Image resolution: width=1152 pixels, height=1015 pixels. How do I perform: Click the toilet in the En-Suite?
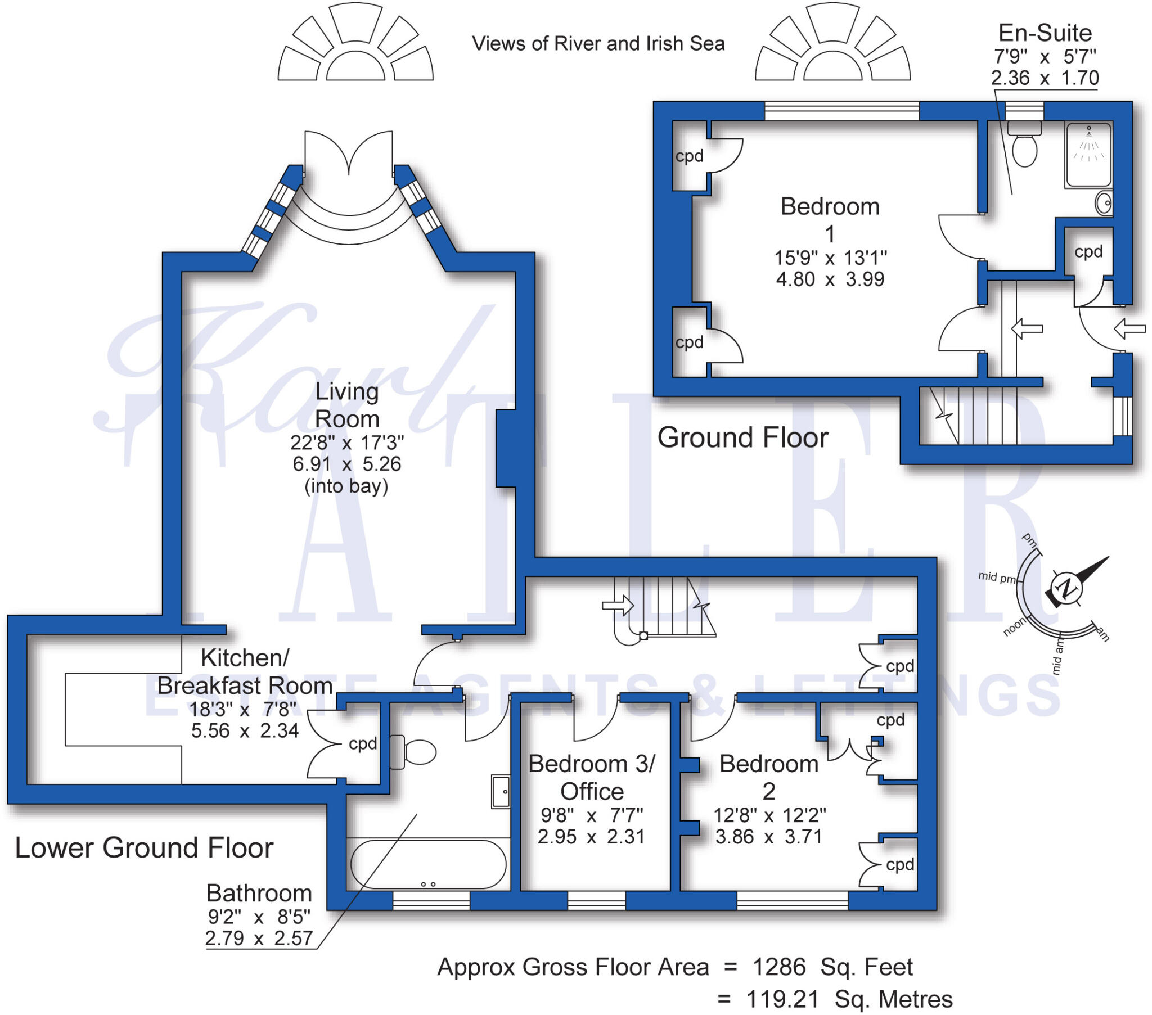point(1024,143)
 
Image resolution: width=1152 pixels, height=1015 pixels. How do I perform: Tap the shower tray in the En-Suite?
point(1088,155)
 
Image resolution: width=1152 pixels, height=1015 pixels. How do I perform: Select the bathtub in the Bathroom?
point(428,864)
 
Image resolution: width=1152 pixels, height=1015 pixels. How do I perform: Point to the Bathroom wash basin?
point(501,792)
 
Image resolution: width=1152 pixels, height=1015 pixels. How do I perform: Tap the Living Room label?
point(346,405)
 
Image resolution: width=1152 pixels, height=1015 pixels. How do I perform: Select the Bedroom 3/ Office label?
point(592,778)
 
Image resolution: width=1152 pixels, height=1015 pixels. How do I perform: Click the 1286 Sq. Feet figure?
point(832,967)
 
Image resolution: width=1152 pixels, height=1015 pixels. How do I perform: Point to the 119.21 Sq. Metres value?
point(849,999)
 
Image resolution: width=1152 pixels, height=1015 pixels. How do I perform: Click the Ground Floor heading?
point(743,438)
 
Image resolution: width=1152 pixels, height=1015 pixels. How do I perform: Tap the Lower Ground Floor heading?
point(145,847)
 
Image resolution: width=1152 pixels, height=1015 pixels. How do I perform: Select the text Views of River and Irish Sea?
point(598,43)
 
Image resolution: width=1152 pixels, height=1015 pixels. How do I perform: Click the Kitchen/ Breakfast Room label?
point(245,672)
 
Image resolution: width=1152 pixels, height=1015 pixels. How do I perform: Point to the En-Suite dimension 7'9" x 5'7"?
point(1045,56)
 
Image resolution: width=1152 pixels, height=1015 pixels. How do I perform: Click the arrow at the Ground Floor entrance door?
point(1130,328)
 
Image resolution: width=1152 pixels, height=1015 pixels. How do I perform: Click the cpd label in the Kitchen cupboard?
point(362,744)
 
